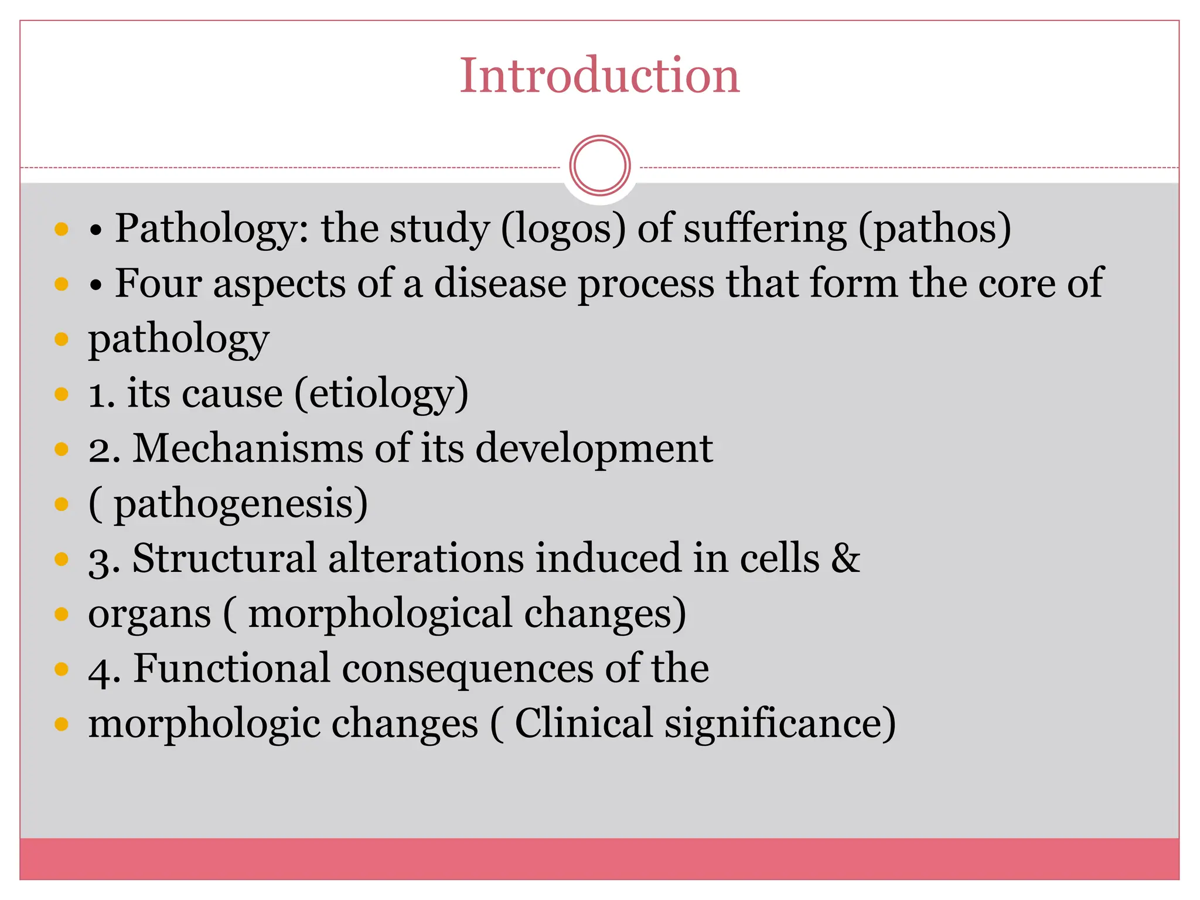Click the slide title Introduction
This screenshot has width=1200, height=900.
point(599,76)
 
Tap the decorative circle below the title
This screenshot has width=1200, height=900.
point(599,166)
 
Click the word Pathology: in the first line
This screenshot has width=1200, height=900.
point(214,229)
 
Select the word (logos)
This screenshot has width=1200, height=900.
point(563,229)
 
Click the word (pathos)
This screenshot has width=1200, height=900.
point(935,229)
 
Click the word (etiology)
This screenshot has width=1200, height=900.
point(381,394)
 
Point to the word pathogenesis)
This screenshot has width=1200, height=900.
point(240,504)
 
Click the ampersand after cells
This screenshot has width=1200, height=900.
point(845,558)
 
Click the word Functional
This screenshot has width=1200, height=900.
point(231,669)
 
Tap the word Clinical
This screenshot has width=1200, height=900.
point(584,724)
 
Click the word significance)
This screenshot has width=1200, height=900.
point(780,725)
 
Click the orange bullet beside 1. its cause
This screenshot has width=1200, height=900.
point(62,394)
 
